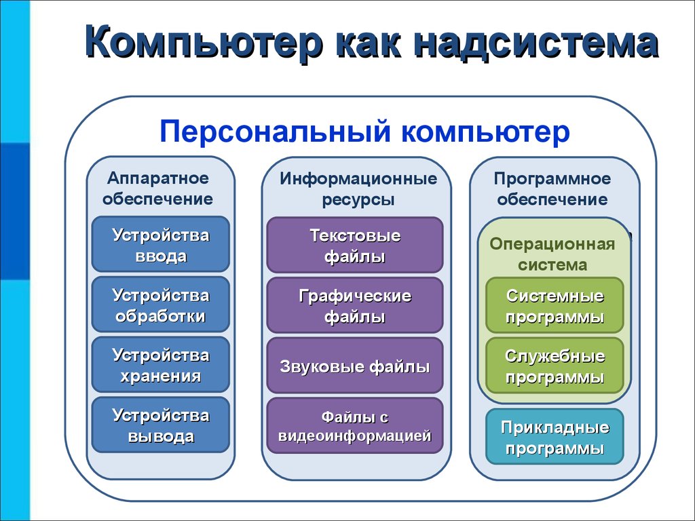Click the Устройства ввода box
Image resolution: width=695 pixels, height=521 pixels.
click(160, 244)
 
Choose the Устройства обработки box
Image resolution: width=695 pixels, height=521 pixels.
click(160, 305)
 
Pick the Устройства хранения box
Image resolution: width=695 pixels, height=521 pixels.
click(160, 364)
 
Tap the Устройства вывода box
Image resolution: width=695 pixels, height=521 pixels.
click(160, 425)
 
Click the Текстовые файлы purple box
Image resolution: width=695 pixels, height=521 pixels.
click(354, 245)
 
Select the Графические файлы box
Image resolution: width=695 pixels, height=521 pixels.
click(354, 305)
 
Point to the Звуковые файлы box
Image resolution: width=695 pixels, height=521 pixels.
click(354, 366)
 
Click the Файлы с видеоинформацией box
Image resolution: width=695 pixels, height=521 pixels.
click(354, 426)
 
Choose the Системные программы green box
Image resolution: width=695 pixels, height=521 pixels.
click(555, 306)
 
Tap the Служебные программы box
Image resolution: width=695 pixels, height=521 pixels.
click(555, 366)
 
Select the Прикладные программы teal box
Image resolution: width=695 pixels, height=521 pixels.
click(555, 437)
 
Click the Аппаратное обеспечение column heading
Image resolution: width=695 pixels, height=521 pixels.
click(157, 189)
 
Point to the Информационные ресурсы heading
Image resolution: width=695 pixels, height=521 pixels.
click(358, 189)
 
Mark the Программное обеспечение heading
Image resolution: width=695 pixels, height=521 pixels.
click(552, 189)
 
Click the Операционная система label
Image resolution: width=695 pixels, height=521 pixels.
click(552, 254)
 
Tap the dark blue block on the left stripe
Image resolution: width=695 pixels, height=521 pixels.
click(15, 211)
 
